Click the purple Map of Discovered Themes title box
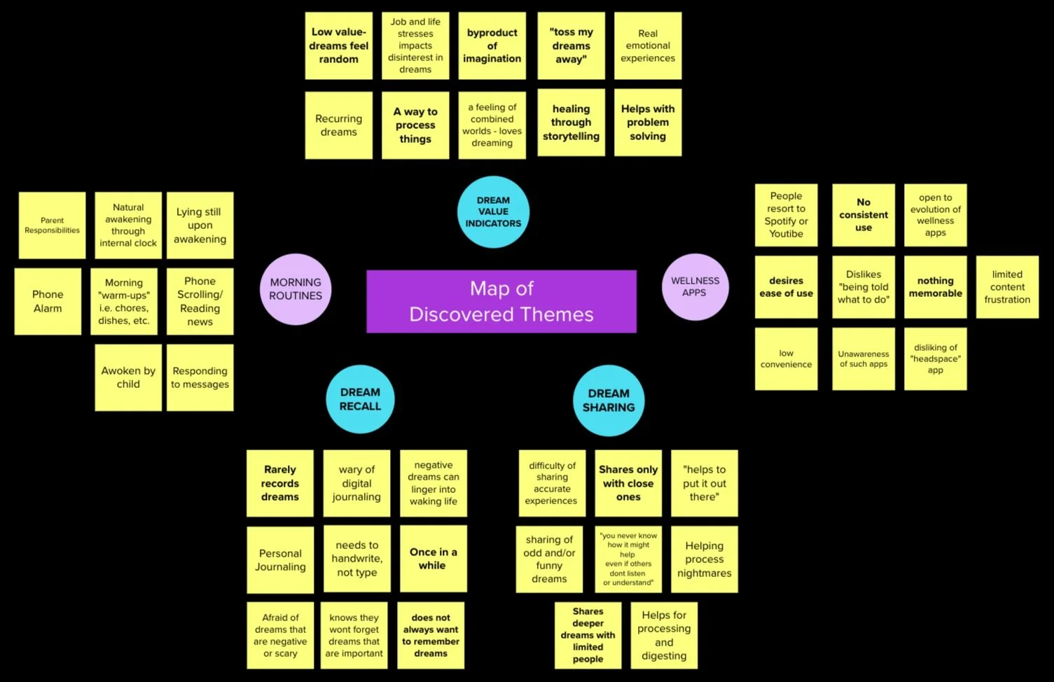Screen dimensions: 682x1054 point(501,301)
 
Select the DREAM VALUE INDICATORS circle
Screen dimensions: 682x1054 point(493,211)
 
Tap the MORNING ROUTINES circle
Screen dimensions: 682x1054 point(296,288)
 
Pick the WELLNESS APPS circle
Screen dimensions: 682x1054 point(695,286)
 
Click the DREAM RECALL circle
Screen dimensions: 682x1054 point(360,399)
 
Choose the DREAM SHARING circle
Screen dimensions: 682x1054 point(609,401)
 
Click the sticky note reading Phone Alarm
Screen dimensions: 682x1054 point(48,301)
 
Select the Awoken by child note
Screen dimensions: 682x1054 point(128,377)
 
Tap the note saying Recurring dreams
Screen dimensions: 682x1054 point(339,125)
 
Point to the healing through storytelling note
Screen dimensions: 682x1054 point(571,123)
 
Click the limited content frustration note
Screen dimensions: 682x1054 point(1007,287)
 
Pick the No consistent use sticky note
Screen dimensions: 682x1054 point(864,215)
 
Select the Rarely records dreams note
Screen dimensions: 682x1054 point(280,483)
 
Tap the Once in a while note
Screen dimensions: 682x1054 point(433,559)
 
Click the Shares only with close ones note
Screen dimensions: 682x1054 point(628,483)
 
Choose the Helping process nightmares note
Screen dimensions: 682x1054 point(705,559)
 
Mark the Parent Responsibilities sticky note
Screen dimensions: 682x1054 point(53,225)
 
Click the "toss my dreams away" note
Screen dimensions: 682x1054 point(571,46)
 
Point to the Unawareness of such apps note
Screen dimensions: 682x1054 point(864,359)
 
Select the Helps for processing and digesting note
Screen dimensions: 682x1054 point(664,635)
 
